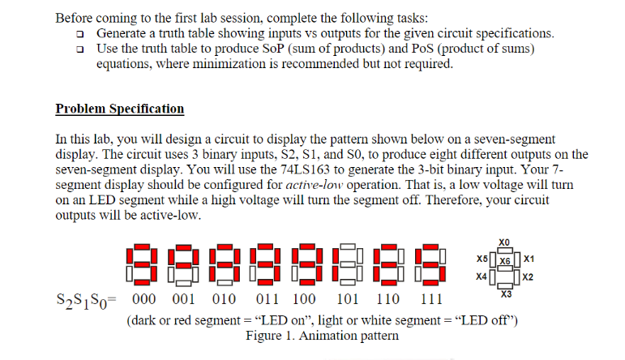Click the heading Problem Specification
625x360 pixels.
[120, 109]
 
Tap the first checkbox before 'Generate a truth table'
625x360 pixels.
[79, 34]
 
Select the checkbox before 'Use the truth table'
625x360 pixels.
[79, 49]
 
